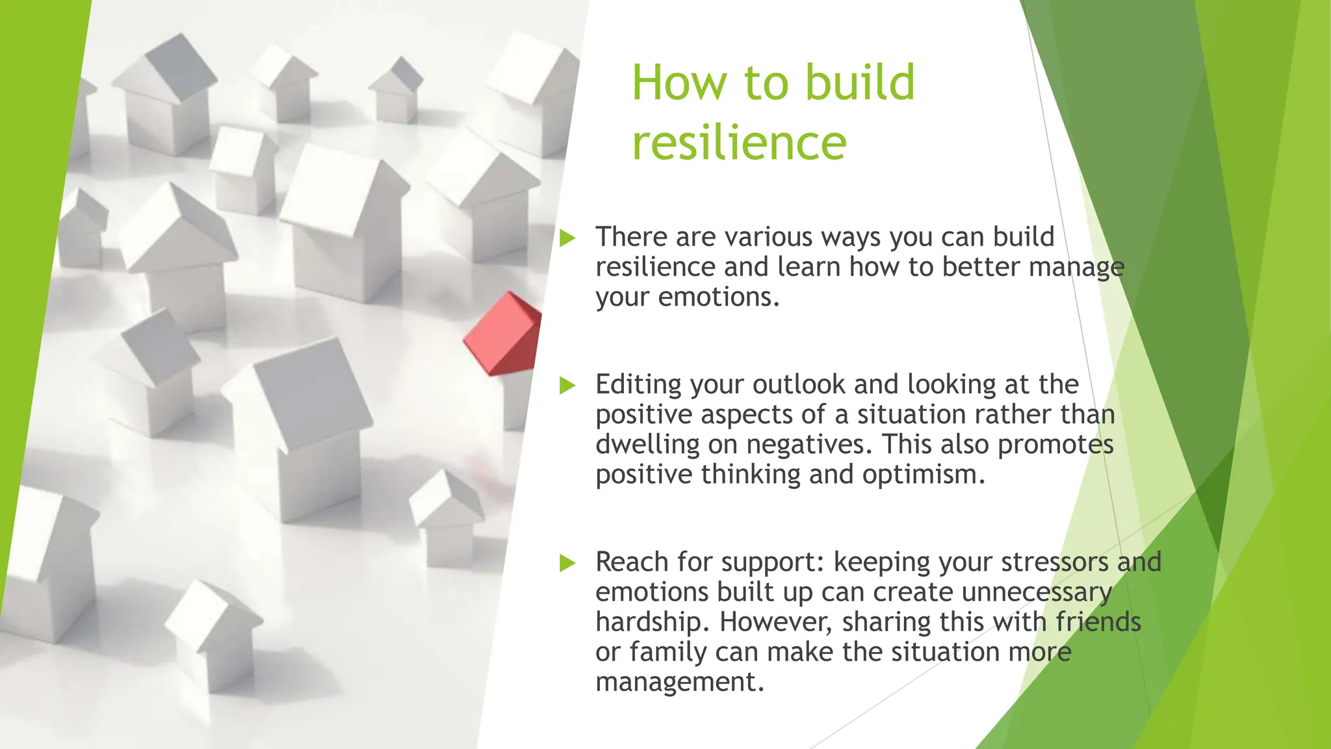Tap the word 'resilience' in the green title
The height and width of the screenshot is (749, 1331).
coord(739,143)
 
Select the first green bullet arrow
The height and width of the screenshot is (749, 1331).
coord(567,238)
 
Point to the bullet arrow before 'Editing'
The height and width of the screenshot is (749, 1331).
coord(567,386)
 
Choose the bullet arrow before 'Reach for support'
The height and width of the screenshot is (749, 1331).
coord(567,563)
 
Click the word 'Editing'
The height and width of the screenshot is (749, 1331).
coord(638,385)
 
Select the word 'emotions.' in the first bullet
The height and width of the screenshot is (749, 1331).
coord(719,297)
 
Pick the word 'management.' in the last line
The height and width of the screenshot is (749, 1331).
coord(679,682)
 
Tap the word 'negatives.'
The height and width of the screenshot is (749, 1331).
coord(810,445)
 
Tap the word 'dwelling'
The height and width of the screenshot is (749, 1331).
coord(647,445)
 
